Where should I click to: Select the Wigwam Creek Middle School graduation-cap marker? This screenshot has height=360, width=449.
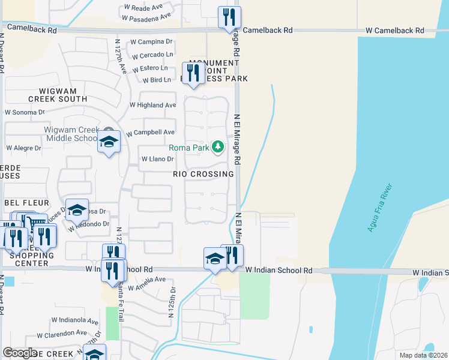[109, 142]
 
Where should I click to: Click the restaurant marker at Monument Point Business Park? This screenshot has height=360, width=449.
[192, 74]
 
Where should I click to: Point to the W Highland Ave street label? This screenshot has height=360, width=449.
[153, 105]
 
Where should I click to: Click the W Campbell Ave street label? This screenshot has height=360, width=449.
[150, 132]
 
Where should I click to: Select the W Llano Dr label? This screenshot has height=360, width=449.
[157, 159]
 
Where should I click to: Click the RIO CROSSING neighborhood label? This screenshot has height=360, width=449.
[203, 174]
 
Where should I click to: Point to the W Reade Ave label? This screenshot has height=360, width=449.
[143, 7]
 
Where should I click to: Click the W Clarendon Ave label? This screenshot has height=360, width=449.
[62, 333]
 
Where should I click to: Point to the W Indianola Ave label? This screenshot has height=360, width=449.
[74, 321]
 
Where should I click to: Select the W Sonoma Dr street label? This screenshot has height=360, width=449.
[25, 112]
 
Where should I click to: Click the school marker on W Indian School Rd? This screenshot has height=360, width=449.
[215, 259]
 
